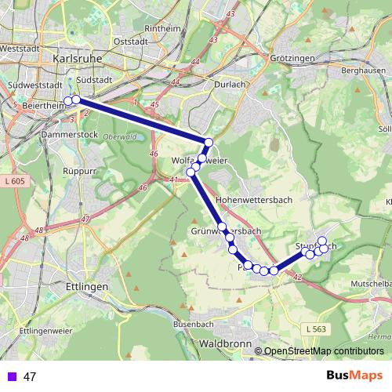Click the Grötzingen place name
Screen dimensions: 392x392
coord(291,59)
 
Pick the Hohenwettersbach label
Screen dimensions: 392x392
coord(253,200)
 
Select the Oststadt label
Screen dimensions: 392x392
coord(130,42)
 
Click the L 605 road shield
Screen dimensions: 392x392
coord(17,181)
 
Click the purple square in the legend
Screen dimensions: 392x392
coord(11,376)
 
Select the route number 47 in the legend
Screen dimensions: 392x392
coord(30,376)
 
